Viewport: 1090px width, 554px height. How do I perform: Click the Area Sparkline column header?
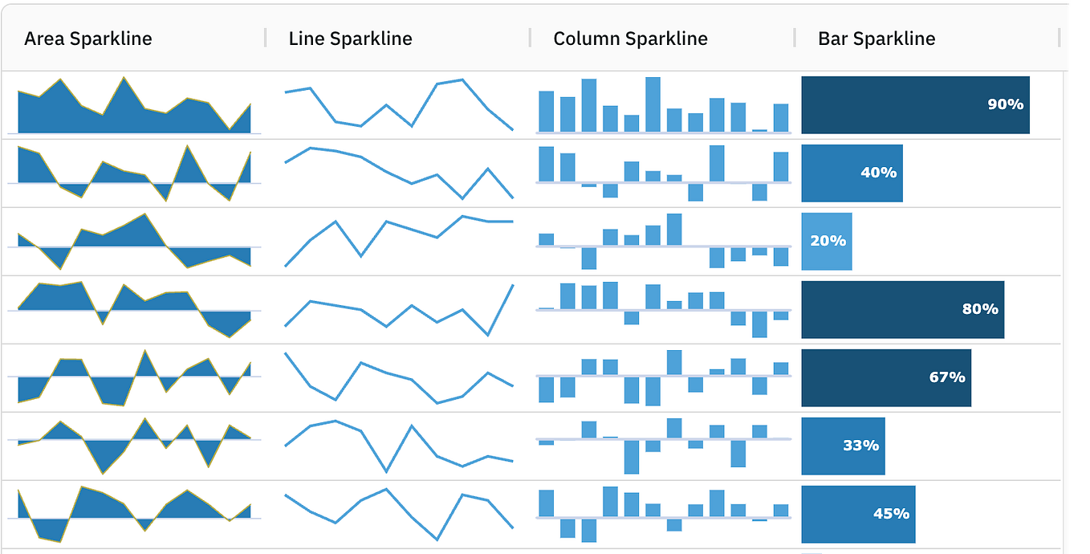click(x=87, y=39)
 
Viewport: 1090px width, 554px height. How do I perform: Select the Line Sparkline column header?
click(x=350, y=39)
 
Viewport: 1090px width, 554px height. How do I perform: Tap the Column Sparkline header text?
click(x=630, y=39)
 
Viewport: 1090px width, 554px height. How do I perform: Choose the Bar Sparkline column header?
click(x=876, y=39)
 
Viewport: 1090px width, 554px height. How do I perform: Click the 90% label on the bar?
click(x=1005, y=104)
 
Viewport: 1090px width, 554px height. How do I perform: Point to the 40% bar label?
click(x=878, y=173)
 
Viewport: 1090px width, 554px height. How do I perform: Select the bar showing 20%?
click(x=827, y=241)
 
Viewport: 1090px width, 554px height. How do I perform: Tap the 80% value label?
click(x=979, y=309)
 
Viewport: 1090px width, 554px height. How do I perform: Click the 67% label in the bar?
click(x=946, y=377)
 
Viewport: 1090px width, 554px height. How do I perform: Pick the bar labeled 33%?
click(x=844, y=446)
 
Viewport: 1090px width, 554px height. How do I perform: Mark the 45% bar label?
click(x=891, y=514)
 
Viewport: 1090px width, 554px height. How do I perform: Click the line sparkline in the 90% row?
click(x=399, y=104)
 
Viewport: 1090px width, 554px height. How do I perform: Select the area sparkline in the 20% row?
click(x=134, y=241)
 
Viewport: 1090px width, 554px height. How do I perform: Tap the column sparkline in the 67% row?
click(x=663, y=377)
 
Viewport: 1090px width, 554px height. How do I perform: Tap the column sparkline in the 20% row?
click(x=663, y=241)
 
